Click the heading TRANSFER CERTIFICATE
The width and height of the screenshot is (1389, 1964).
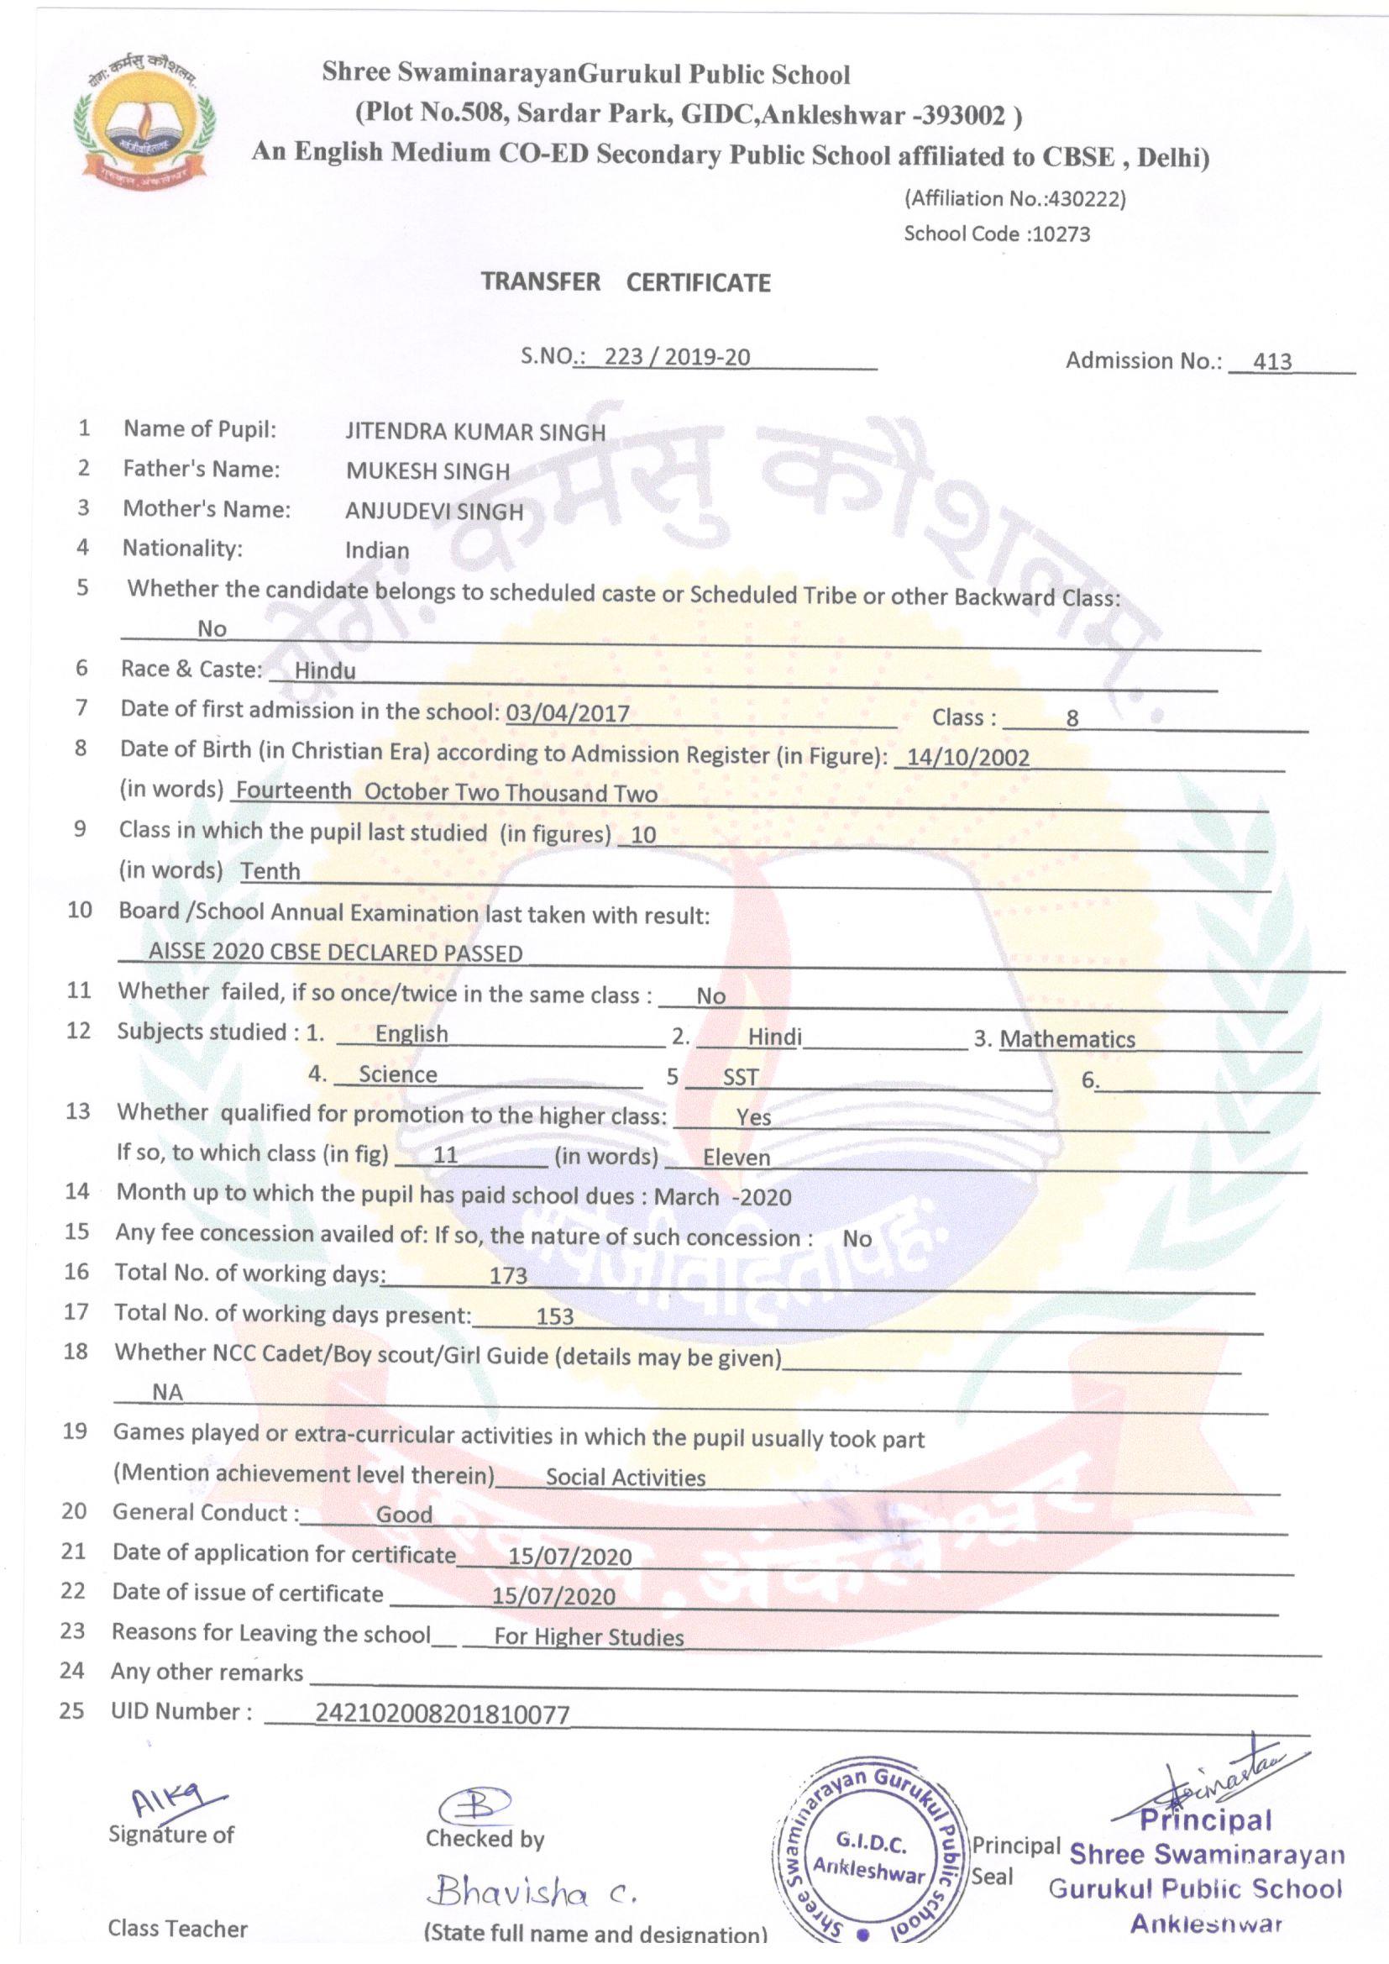point(626,282)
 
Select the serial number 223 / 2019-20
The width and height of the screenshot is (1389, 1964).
point(677,357)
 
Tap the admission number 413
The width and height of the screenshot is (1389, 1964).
point(1271,362)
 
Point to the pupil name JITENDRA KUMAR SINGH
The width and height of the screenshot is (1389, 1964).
point(474,431)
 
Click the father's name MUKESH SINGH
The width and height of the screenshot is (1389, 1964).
point(427,471)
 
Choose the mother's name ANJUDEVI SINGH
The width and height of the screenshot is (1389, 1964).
point(433,512)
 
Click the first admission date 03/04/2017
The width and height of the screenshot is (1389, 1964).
point(567,713)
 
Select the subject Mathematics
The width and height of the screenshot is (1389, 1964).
point(1067,1039)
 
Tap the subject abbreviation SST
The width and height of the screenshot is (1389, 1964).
point(741,1078)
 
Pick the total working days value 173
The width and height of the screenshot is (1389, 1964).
point(508,1276)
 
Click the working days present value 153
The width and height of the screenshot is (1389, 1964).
point(554,1317)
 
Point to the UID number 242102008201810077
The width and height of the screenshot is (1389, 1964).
point(443,1714)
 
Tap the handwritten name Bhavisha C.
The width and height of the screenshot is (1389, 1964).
point(535,1893)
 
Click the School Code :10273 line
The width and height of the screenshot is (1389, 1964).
point(997,234)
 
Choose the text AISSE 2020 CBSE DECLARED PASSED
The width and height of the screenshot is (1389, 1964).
point(335,953)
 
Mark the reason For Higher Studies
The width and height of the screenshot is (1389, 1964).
point(589,1637)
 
